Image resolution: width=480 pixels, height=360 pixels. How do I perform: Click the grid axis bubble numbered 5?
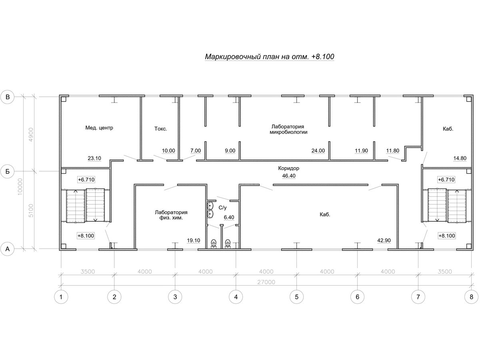(x=296, y=297)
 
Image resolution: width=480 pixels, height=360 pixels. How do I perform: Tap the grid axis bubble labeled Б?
(x=8, y=171)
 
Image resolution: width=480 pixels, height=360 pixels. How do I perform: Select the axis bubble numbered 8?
(x=471, y=297)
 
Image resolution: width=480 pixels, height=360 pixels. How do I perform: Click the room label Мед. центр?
(x=99, y=128)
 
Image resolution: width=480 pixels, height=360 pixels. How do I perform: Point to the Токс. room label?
(x=160, y=129)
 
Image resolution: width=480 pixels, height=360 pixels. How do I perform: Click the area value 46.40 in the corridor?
(x=289, y=176)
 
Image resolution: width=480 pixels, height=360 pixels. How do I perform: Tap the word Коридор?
(x=289, y=168)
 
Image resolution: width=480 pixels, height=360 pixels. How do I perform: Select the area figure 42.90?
(x=384, y=240)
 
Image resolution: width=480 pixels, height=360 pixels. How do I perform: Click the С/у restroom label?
(x=223, y=208)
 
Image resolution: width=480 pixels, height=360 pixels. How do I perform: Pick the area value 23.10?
(x=94, y=158)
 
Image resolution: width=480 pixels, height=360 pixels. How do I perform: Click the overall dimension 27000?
(x=266, y=282)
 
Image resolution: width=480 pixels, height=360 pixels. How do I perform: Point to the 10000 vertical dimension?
(x=20, y=187)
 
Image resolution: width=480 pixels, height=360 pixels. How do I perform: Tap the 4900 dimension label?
(x=31, y=135)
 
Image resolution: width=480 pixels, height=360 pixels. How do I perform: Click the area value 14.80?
(x=460, y=158)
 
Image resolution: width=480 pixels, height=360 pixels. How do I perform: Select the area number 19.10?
(x=194, y=240)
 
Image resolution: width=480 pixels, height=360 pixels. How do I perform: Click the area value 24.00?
(x=318, y=151)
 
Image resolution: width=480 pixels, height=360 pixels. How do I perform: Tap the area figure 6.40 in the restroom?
(x=229, y=217)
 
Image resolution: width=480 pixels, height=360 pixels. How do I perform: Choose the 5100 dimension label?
(x=31, y=211)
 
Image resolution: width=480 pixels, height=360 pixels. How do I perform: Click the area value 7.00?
(x=196, y=151)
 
